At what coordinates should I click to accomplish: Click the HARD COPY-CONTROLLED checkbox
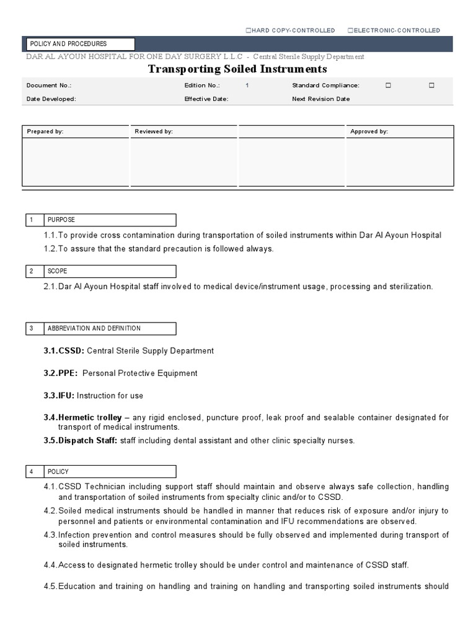click(249, 30)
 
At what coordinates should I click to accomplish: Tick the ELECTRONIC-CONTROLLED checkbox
click(351, 30)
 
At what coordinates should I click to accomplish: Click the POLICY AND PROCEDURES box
click(79, 44)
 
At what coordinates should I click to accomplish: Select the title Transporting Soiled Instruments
click(237, 69)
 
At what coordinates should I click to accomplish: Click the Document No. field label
click(45, 86)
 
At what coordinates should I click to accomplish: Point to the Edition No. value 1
click(247, 86)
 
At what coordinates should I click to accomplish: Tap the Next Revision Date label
click(320, 99)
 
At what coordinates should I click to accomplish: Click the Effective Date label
click(206, 99)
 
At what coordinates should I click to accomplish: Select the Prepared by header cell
click(76, 131)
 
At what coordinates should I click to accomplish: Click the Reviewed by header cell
click(184, 131)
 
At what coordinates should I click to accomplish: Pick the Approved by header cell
click(400, 131)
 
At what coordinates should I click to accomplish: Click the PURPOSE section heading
click(61, 220)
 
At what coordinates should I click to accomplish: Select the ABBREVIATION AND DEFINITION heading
click(94, 329)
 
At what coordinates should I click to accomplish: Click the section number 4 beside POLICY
click(30, 472)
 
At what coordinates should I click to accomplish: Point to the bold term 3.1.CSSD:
click(64, 351)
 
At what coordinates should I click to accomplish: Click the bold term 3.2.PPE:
click(61, 373)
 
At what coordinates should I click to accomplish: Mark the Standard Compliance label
click(325, 86)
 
